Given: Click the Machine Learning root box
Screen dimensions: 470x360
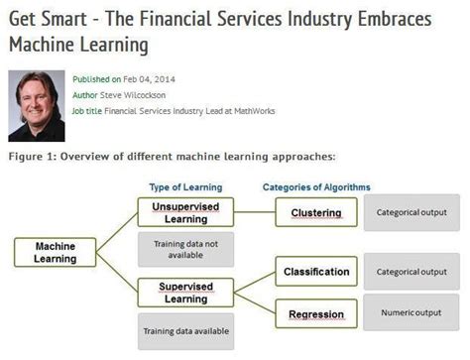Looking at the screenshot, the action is click(56, 252).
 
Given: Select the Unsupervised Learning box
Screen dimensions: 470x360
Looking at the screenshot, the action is click(185, 212).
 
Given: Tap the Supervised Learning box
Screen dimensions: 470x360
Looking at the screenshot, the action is click(185, 293).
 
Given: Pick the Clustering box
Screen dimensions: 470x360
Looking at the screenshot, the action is click(316, 212).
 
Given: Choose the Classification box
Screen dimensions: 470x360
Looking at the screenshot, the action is click(316, 272).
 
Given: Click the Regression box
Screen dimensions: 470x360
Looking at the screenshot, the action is click(316, 313).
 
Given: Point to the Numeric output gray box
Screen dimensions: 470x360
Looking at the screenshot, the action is click(411, 312).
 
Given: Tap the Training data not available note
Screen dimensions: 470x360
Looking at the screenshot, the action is click(185, 249).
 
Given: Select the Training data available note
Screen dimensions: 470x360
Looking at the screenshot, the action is click(185, 331).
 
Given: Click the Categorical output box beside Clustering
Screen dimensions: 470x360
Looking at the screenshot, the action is click(411, 212).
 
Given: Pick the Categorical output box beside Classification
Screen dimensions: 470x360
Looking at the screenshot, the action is click(411, 272).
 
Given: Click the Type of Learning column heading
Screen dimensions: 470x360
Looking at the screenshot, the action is click(185, 187).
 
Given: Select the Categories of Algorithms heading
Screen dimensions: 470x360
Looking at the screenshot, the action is click(316, 187).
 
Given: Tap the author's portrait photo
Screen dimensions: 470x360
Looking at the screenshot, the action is click(37, 106).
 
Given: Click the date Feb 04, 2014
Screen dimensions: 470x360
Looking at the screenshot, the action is click(149, 79).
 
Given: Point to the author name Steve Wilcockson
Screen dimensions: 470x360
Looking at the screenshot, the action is click(133, 95).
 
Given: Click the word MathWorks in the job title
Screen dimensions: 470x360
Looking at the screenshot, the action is click(255, 111).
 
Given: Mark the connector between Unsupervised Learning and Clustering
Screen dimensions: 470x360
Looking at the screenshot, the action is click(255, 212).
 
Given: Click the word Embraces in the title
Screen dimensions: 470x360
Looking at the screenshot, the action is click(395, 19).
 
